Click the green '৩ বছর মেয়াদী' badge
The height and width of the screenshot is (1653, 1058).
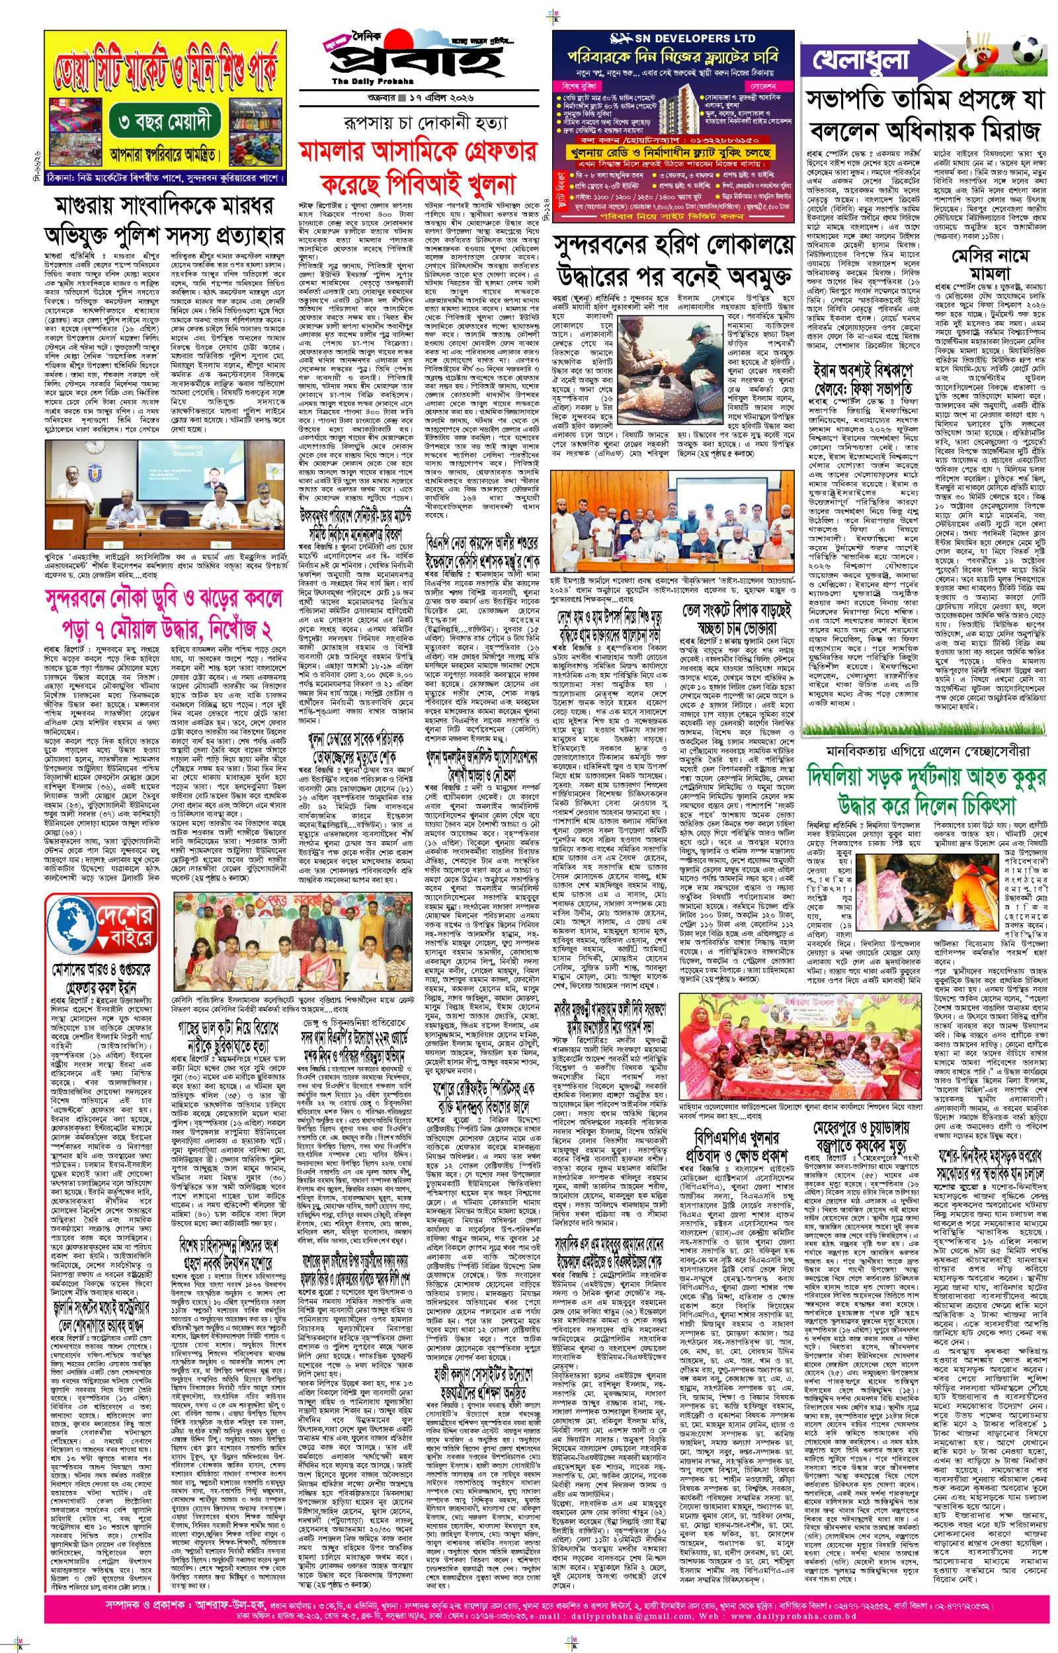click(164, 123)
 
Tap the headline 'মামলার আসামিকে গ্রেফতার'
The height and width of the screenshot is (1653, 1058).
click(418, 151)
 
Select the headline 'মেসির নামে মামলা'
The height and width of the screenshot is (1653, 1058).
click(990, 264)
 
